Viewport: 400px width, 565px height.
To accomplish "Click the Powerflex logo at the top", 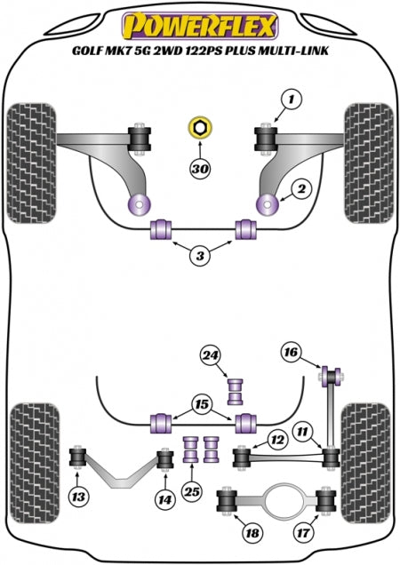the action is (x=200, y=26).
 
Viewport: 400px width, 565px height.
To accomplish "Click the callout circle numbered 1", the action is (x=291, y=98).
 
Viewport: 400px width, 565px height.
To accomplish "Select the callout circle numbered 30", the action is (x=200, y=168).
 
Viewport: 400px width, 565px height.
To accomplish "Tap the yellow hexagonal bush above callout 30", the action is (x=200, y=128).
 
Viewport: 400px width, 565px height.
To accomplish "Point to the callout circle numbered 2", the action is (x=301, y=188).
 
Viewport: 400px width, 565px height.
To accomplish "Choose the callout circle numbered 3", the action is (x=200, y=256).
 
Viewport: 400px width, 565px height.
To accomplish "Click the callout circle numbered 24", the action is (x=211, y=355).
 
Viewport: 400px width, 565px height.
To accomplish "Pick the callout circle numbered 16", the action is (x=291, y=351).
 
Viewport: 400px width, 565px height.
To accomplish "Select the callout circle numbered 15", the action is (x=202, y=404).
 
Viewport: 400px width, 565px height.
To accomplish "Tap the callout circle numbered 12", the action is (x=277, y=439).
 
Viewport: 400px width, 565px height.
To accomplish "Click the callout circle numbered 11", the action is (x=302, y=432).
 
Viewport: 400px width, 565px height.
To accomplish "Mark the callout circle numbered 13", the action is (x=78, y=497).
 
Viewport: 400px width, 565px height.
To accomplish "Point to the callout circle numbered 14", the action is (x=165, y=500).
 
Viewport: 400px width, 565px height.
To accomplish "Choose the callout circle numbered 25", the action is (x=192, y=491).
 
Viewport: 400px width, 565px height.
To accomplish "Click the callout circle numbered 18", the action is (x=252, y=532).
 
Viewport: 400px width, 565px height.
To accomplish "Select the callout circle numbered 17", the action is (x=303, y=532).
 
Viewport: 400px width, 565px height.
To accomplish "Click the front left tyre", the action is (x=31, y=163).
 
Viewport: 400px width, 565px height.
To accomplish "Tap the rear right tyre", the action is (x=366, y=462).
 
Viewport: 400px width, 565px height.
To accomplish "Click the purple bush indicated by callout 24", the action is (x=235, y=391).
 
